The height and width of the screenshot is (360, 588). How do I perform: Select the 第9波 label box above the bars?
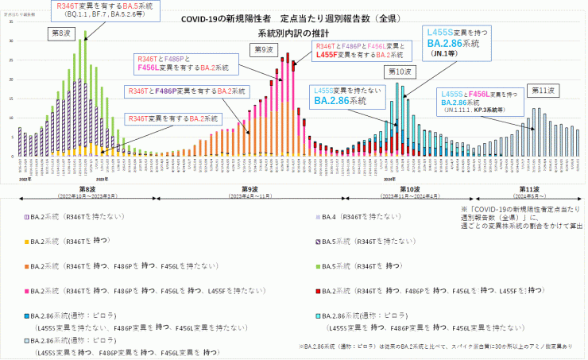264,50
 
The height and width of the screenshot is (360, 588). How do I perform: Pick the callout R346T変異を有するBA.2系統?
175,118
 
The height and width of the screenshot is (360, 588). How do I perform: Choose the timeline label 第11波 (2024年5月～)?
529,192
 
